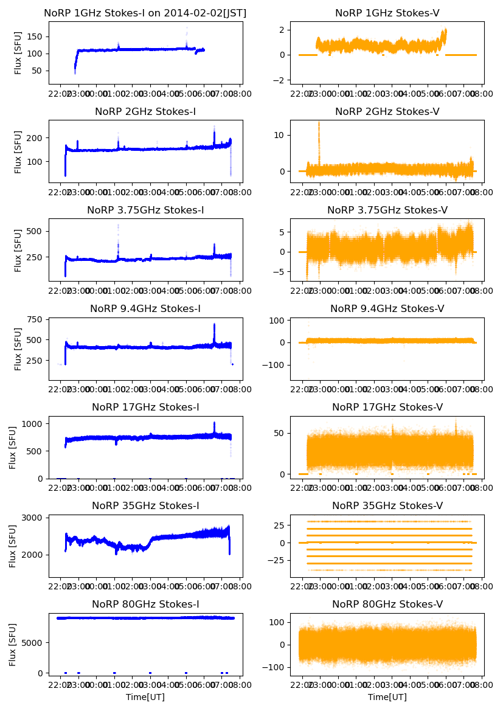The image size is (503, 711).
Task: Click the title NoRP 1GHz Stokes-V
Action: (x=387, y=13)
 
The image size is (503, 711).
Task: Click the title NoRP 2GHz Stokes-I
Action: (x=145, y=111)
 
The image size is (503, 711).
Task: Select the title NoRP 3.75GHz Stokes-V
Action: (x=387, y=210)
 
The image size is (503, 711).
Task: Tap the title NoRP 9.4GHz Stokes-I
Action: (x=145, y=308)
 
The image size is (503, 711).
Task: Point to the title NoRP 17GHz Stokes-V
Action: (x=387, y=407)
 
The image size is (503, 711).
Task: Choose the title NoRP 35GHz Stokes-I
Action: (x=145, y=505)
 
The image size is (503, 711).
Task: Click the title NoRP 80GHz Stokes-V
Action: (x=387, y=604)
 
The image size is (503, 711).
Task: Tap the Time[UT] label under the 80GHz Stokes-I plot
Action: (x=145, y=697)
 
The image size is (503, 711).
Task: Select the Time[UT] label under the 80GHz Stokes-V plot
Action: (x=387, y=697)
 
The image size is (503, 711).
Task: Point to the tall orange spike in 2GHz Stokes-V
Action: (x=319, y=131)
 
